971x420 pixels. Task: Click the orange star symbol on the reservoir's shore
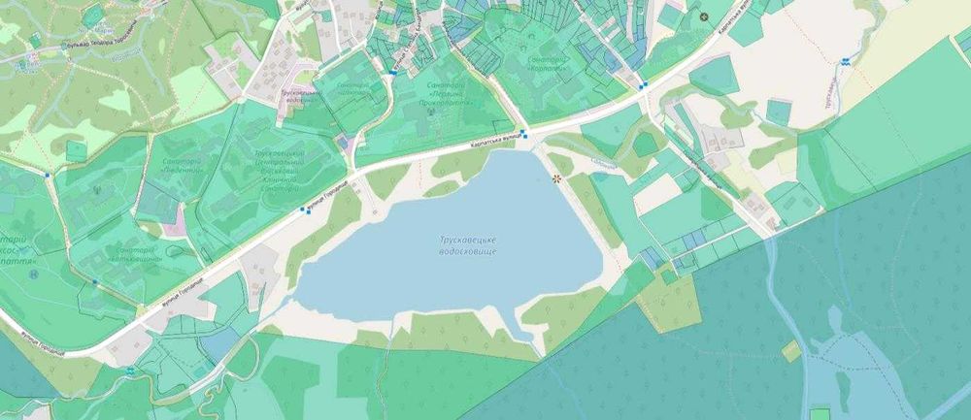556,178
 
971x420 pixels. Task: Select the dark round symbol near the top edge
704,16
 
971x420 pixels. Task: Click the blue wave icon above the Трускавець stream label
845,60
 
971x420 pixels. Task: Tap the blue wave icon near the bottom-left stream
130,371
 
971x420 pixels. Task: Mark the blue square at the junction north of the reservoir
524,133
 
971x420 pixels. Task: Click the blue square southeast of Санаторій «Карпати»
643,85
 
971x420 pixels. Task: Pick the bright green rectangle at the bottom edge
820,412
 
